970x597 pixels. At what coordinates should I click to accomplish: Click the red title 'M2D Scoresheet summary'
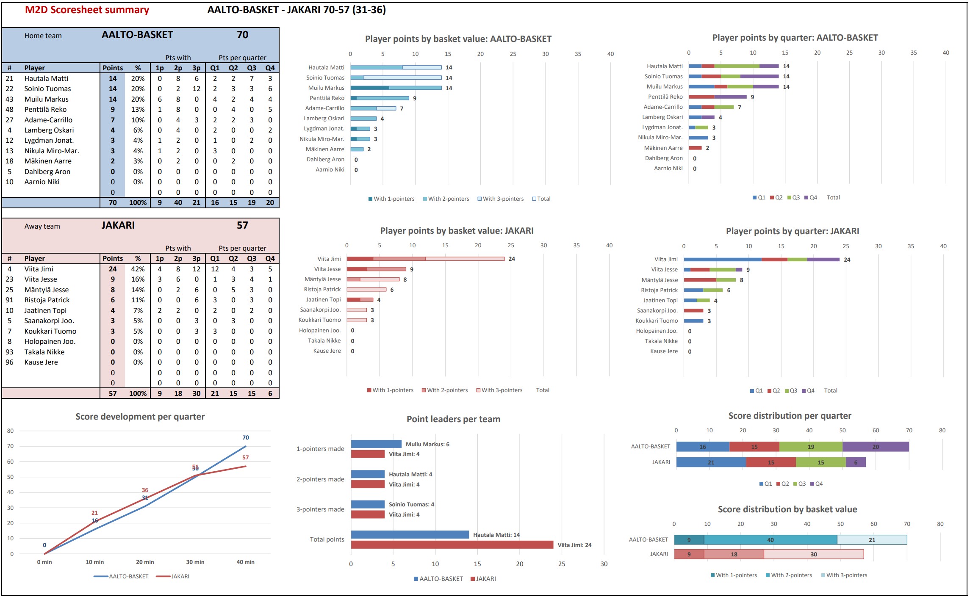point(87,10)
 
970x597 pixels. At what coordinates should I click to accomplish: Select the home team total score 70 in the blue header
point(242,35)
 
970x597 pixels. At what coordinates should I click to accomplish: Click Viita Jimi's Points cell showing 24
point(113,269)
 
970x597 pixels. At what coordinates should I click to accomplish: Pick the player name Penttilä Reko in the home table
point(45,109)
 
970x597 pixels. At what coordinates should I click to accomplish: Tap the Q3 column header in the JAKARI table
point(252,258)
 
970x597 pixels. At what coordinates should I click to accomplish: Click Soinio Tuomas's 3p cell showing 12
point(197,88)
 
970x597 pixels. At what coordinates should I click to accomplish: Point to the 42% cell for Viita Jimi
point(138,269)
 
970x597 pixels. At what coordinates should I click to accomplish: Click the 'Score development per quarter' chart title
point(140,417)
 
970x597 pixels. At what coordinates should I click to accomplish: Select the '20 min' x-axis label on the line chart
point(145,562)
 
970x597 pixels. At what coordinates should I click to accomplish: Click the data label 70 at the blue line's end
point(246,437)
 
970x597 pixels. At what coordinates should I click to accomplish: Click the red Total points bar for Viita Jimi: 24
point(452,544)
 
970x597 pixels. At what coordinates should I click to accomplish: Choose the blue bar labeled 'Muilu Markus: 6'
point(376,444)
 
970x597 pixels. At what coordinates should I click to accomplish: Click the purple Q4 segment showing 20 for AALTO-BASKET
point(876,447)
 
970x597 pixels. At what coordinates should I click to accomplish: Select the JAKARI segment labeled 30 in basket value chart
point(814,554)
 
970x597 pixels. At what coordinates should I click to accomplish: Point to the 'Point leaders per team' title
point(453,419)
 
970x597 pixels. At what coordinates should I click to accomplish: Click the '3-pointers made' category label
point(320,509)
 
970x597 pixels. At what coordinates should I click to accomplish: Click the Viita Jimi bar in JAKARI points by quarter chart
point(761,260)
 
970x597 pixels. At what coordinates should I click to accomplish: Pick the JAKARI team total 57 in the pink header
point(242,225)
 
